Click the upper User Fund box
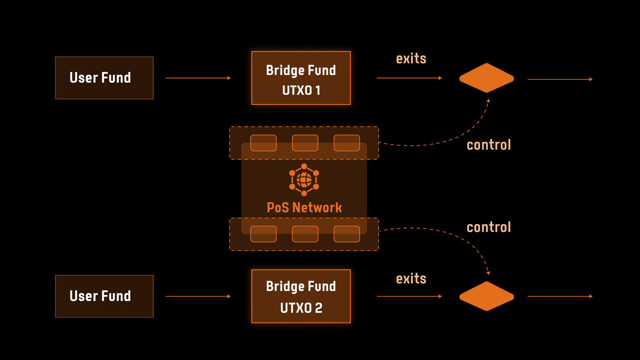104,78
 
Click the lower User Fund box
104,296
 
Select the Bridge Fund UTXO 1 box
301,78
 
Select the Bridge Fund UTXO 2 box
301,296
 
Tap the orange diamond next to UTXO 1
486,78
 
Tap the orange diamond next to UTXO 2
486,296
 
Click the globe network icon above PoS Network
304,179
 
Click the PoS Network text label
304,207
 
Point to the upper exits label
411,58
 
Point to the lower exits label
411,278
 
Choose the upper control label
488,145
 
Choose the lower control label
488,227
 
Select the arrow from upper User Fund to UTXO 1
198,78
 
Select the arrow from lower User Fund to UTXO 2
198,296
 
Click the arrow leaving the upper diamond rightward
560,79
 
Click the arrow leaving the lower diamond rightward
560,296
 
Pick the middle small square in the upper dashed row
305,143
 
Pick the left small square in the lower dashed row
263,234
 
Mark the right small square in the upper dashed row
346,143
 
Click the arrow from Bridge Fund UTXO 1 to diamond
409,78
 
